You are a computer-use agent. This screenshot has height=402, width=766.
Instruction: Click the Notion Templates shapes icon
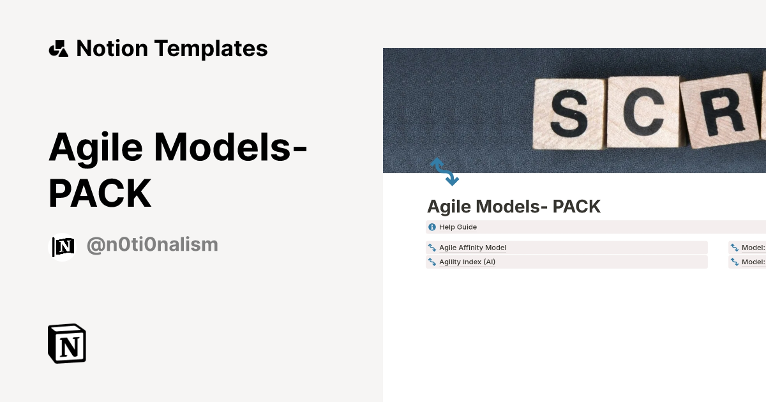[x=58, y=48]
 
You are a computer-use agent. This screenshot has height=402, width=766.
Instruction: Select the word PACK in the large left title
[x=100, y=193]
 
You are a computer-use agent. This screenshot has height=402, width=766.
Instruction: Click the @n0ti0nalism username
[x=152, y=244]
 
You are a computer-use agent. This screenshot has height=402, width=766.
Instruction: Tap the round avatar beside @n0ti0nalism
[x=63, y=246]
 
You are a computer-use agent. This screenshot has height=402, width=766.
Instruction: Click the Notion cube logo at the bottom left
[x=67, y=344]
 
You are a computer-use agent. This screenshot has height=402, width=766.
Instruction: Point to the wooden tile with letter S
[x=567, y=113]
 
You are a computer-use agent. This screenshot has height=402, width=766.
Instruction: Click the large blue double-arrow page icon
[x=445, y=172]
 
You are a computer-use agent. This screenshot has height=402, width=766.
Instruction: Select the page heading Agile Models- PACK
[x=514, y=207]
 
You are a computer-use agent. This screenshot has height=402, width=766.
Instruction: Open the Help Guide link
[x=458, y=227]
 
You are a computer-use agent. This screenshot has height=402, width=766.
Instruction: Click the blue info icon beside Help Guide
[x=432, y=227]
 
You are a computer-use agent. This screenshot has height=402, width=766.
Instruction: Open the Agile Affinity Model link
[x=472, y=248]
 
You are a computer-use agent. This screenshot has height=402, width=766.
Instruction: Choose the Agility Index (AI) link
[x=467, y=262]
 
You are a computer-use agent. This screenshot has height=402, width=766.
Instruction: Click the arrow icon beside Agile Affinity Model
[x=432, y=248]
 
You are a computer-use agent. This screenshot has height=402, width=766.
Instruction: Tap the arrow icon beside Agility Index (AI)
[x=432, y=262]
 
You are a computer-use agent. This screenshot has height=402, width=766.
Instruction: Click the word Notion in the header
[x=112, y=48]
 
